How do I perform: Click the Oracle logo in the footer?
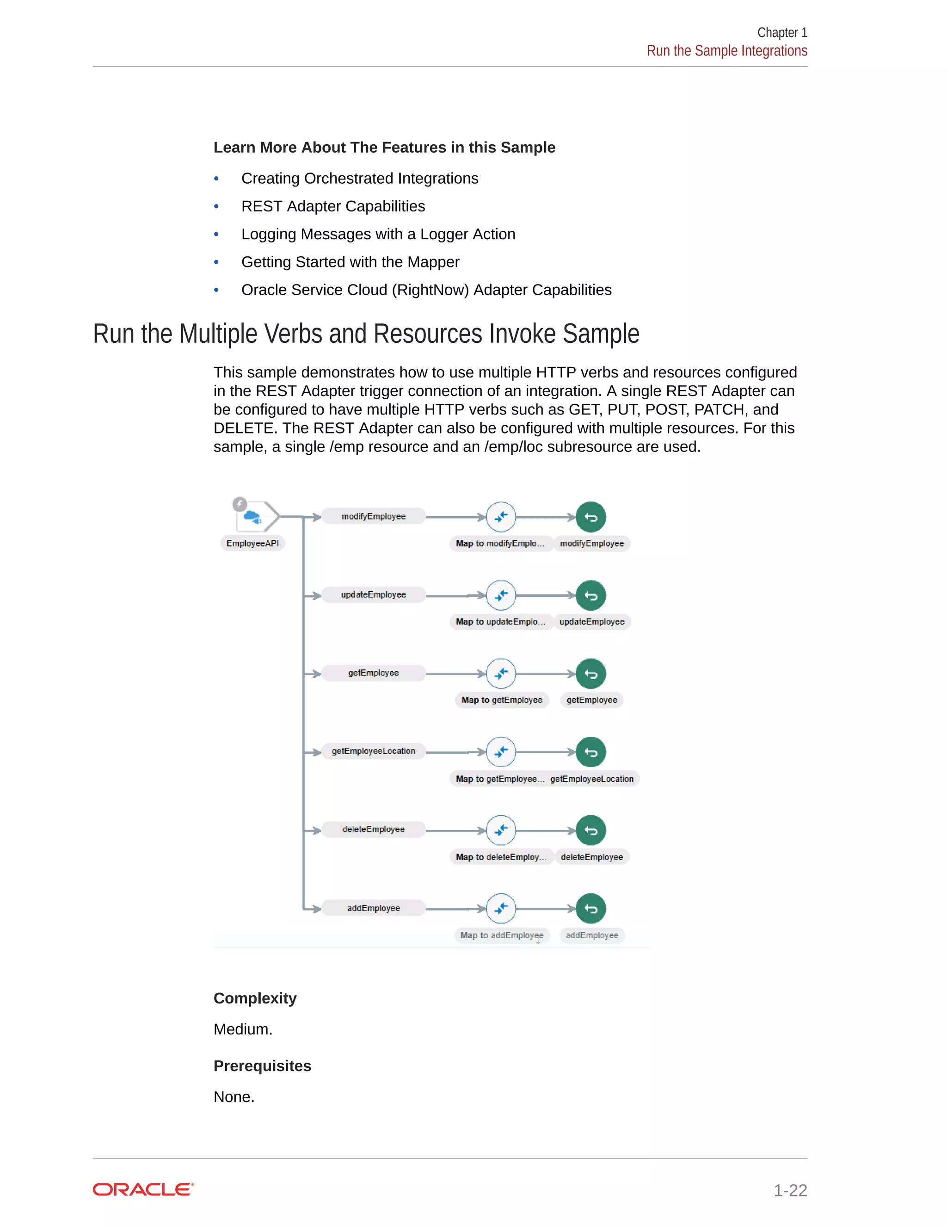pos(143,1189)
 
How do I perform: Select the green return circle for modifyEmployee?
pos(591,517)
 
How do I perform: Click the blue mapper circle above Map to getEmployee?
pos(501,674)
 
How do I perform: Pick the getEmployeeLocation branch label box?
pos(373,751)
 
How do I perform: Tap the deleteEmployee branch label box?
pos(373,830)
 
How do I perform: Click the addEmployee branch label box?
pos(373,908)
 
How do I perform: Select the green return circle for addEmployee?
pos(591,908)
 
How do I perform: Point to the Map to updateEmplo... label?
pos(500,622)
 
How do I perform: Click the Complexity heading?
pos(255,998)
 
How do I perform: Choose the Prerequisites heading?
pos(262,1065)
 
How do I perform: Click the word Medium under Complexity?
pos(242,1029)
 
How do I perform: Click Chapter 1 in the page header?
pos(781,32)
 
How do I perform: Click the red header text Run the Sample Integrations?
pos(726,51)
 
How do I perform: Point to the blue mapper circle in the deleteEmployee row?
pos(501,830)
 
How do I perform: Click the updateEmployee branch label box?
pos(373,595)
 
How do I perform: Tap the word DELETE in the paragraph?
pos(245,428)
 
